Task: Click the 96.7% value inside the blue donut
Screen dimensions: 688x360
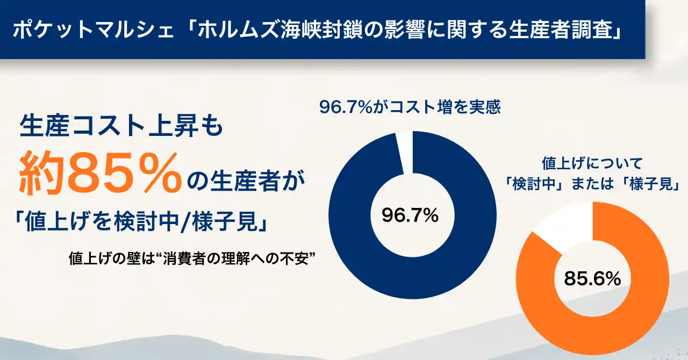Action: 410,215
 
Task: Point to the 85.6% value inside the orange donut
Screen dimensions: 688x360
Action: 592,279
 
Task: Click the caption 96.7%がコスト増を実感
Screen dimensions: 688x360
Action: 410,107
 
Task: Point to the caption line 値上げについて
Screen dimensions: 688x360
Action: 592,163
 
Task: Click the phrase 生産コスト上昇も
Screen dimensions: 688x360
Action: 121,126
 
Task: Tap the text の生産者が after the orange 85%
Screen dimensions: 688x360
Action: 246,181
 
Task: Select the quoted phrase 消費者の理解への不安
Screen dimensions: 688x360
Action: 235,258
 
